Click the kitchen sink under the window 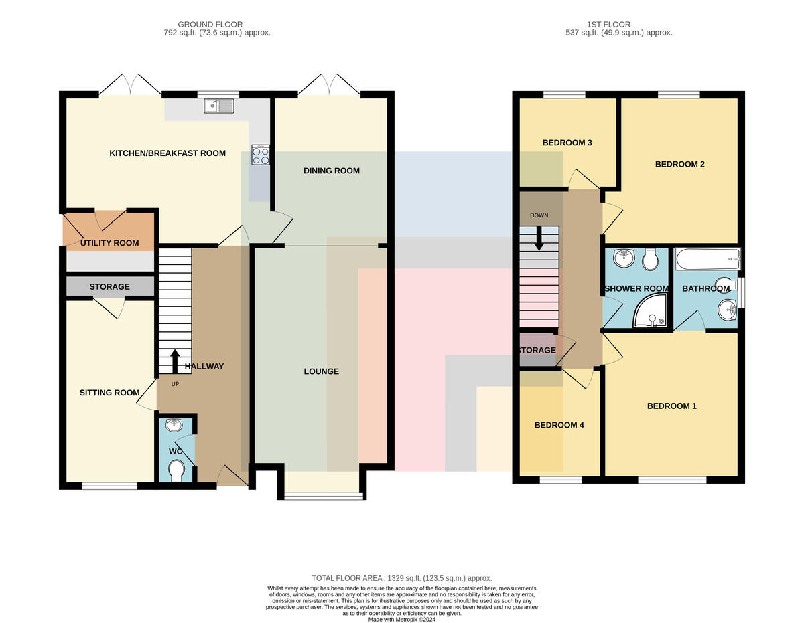tap(218, 106)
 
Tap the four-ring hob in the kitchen tap(261, 155)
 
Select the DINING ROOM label tap(332, 171)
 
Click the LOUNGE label tap(321, 371)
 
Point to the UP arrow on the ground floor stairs tap(175, 361)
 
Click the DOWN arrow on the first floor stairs tap(539, 238)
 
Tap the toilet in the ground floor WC tap(176, 470)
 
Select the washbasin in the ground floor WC tap(174, 426)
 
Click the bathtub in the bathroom tap(708, 259)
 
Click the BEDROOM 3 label tap(567, 143)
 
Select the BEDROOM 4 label tap(559, 425)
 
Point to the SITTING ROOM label tap(109, 393)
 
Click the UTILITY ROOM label tap(109, 243)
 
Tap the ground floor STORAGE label tap(109, 287)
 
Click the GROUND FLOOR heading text tap(210, 24)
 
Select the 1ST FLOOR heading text tap(608, 24)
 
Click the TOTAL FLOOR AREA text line tap(402, 578)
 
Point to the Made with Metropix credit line tap(402, 620)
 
